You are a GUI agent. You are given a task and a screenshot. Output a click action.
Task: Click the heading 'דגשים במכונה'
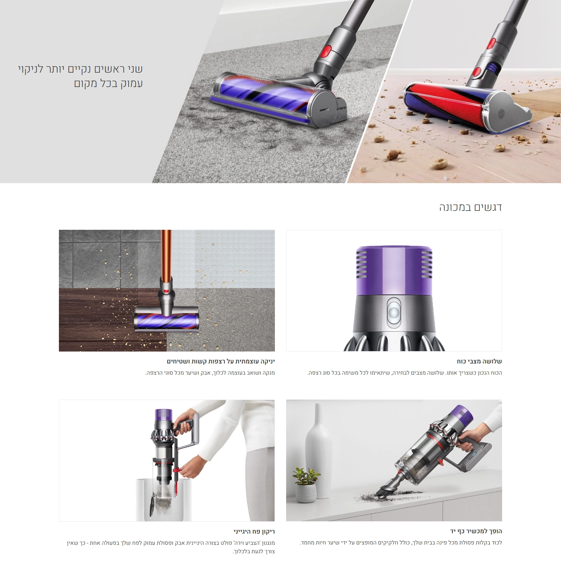click(471, 207)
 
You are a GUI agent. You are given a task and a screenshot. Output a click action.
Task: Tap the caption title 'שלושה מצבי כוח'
click(479, 361)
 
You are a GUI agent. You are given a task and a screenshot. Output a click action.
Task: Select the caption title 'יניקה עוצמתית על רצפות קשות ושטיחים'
click(221, 361)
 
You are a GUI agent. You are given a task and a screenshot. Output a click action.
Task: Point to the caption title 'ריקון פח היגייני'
click(254, 531)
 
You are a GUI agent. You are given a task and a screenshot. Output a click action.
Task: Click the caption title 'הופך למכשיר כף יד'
click(476, 531)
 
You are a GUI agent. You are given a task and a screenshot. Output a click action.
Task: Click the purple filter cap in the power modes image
click(394, 270)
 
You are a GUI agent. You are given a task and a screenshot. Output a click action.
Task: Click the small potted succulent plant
click(305, 484)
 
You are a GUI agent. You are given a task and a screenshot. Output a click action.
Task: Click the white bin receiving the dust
click(164, 500)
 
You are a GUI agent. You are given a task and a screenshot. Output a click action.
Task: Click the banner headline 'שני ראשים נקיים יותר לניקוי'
click(80, 69)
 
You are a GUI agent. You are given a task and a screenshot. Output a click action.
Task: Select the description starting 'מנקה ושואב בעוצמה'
click(210, 373)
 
